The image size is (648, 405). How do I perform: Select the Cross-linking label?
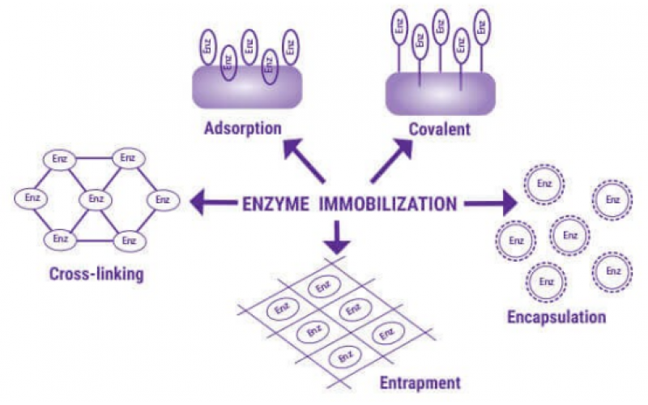96,274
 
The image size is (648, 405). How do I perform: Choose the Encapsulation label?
556,316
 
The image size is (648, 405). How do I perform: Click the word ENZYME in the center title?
276,204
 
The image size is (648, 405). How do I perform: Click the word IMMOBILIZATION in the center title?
388,204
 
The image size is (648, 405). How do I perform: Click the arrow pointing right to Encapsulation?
490,204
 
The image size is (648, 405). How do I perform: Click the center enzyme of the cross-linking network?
96,198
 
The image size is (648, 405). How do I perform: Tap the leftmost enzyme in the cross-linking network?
32,198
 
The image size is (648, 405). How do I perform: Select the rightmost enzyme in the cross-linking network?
162,198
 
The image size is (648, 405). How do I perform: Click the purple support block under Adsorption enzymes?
247,87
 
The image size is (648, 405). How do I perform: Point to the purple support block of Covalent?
441,92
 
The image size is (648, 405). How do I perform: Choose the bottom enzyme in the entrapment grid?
345,355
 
